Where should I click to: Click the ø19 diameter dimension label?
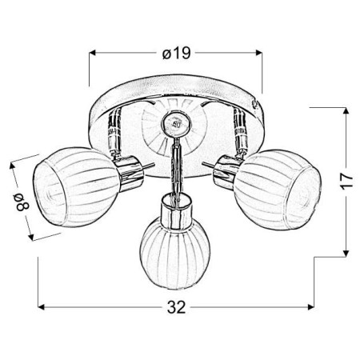177,53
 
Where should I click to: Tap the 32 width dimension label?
176,307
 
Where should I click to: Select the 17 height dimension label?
346,182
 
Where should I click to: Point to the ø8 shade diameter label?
22,202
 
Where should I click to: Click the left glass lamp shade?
75,187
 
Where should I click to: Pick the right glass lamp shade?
278,190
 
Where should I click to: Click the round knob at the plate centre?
176,124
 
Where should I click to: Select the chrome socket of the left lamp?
129,173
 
